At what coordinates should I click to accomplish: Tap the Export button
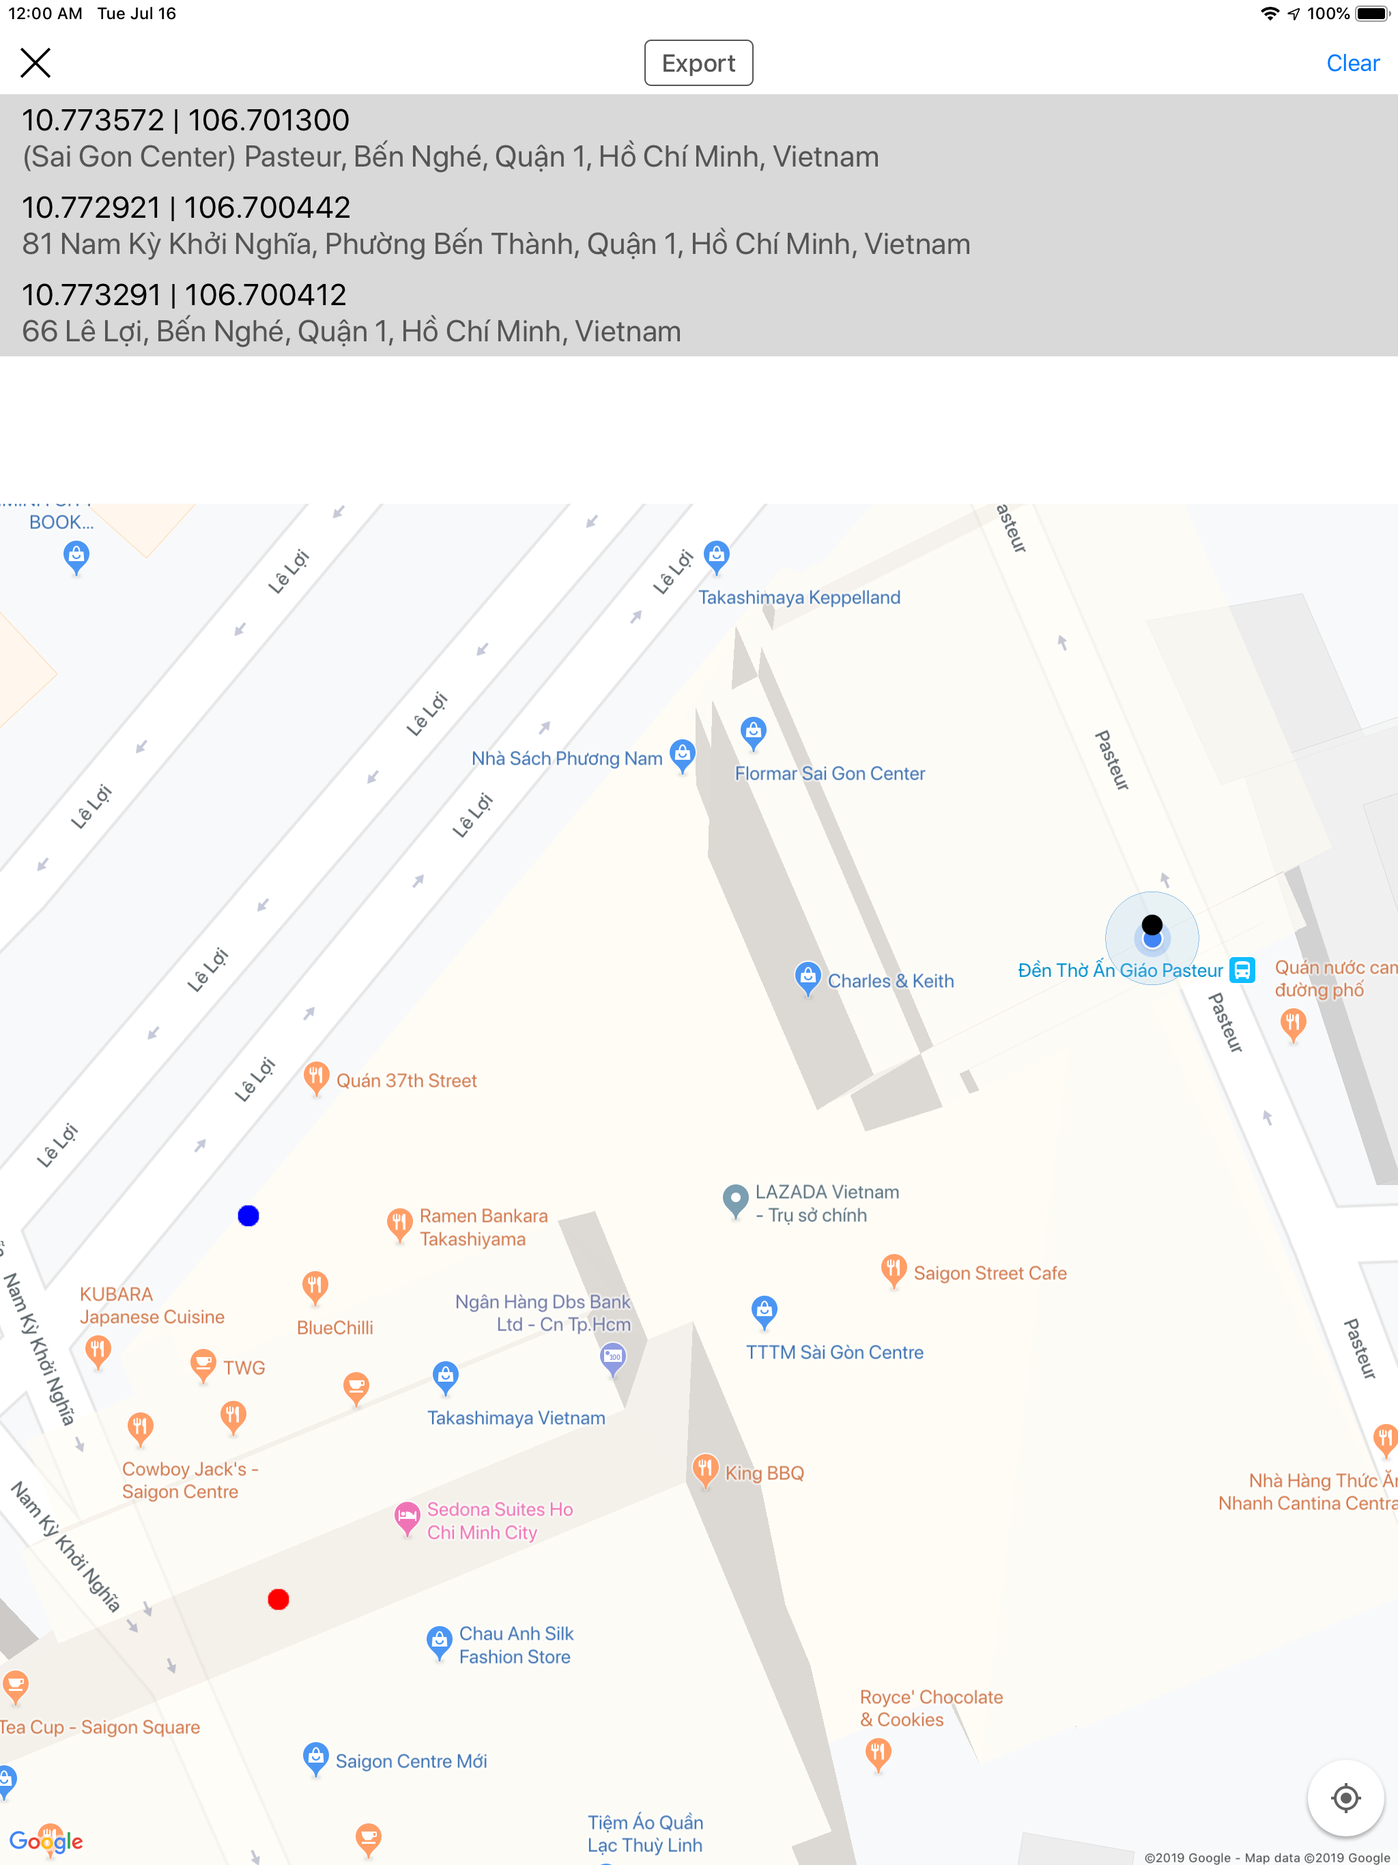tap(698, 63)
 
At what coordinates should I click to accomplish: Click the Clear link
tap(1352, 63)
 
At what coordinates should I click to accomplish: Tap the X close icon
tap(35, 62)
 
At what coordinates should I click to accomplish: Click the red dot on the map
tap(279, 1599)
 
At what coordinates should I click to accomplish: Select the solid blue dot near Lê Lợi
tap(248, 1216)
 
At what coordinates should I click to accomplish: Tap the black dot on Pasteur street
tap(1152, 925)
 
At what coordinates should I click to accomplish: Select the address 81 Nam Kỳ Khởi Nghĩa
tap(496, 244)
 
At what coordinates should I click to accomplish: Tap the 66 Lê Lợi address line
tap(351, 331)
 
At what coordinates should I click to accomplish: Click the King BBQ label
tap(764, 1473)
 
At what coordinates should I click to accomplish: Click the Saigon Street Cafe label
tap(990, 1273)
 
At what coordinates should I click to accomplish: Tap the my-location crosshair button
tap(1345, 1797)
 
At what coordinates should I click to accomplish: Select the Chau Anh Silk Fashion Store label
tap(515, 1645)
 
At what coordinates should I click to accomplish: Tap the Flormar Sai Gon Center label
tap(829, 773)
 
